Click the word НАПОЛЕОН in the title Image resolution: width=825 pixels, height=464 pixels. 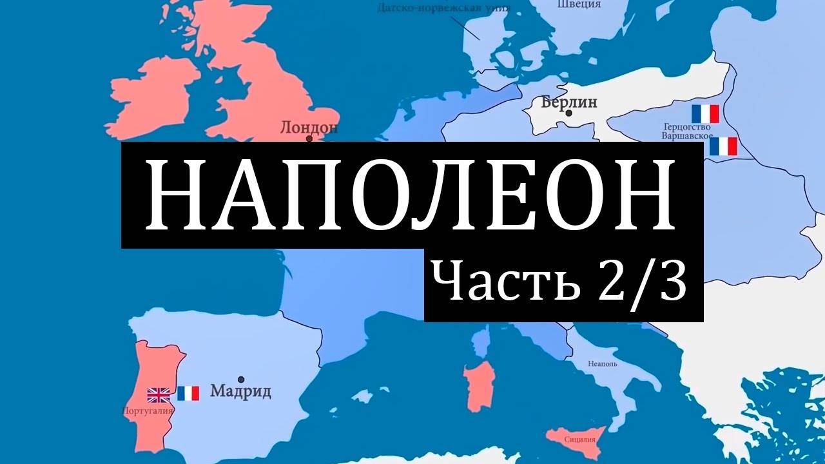pyautogui.click(x=411, y=195)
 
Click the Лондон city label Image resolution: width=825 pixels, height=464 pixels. pyautogui.click(x=309, y=128)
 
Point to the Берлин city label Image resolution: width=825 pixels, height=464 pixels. pyautogui.click(x=569, y=102)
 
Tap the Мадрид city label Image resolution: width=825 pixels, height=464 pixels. pyautogui.click(x=240, y=391)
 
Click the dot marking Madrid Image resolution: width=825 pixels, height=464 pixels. pyautogui.click(x=241, y=380)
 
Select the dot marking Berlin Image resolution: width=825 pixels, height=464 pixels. pyautogui.click(x=569, y=113)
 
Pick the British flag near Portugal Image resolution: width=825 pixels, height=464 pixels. pyautogui.click(x=159, y=394)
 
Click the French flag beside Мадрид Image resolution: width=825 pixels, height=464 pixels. pyautogui.click(x=188, y=393)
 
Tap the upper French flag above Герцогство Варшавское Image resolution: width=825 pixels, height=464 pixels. pyautogui.click(x=704, y=113)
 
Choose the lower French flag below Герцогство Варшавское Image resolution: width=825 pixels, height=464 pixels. pyautogui.click(x=723, y=146)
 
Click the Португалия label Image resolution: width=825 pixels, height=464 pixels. pyautogui.click(x=148, y=411)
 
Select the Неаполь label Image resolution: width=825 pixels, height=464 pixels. pyautogui.click(x=603, y=363)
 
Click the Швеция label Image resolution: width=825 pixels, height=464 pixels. pyautogui.click(x=578, y=5)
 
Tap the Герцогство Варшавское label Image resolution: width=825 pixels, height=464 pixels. pyautogui.click(x=686, y=131)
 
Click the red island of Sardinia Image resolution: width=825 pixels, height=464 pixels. pyautogui.click(x=479, y=386)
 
